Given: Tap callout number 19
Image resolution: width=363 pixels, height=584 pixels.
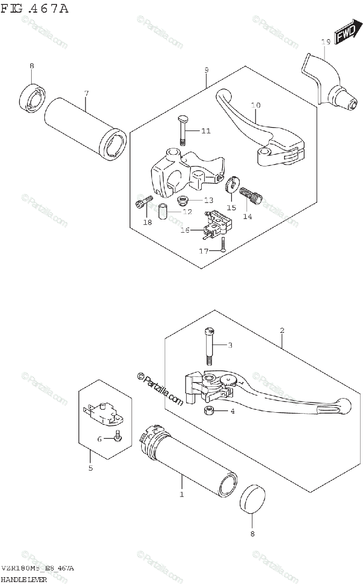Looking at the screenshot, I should coord(326,42).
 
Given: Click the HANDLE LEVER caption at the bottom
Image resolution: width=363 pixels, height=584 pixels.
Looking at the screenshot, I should coord(24,579).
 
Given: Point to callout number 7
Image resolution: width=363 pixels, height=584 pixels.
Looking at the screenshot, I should coord(86,93).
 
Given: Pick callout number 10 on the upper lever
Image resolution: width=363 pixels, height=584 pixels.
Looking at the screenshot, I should coord(256,105).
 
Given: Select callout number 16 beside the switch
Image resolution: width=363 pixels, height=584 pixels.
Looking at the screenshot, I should coord(185,230).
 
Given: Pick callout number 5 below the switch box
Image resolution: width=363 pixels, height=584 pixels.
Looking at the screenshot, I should coord(90,469).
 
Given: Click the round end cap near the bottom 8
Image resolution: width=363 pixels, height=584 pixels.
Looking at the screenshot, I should coord(253,498).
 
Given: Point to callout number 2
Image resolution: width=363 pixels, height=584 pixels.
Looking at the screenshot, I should coord(282,331).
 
